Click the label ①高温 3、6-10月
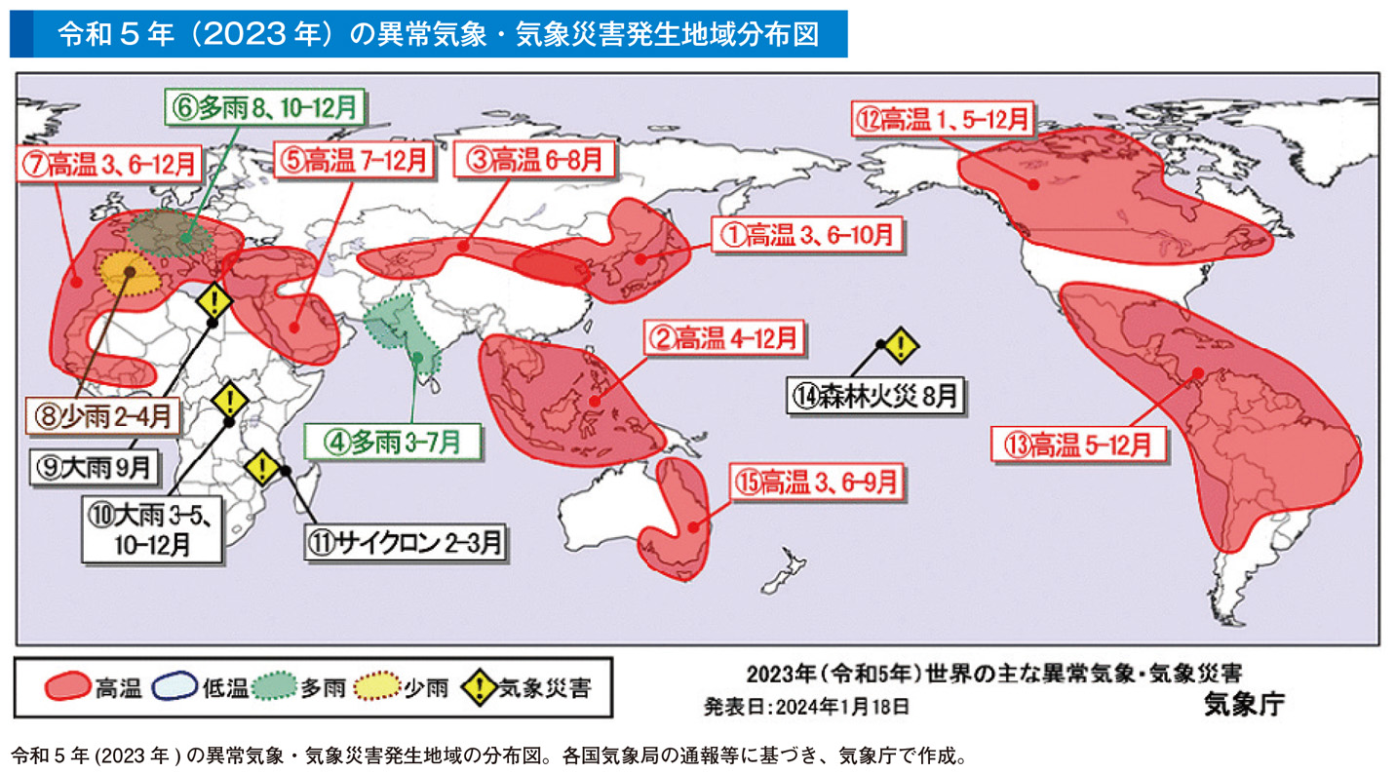(806, 234)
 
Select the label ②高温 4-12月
(723, 338)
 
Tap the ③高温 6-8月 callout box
(535, 159)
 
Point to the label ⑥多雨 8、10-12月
(265, 106)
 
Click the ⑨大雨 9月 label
(93, 465)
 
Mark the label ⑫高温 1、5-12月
(942, 119)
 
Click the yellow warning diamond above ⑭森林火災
(903, 344)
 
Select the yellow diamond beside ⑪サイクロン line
(262, 469)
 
